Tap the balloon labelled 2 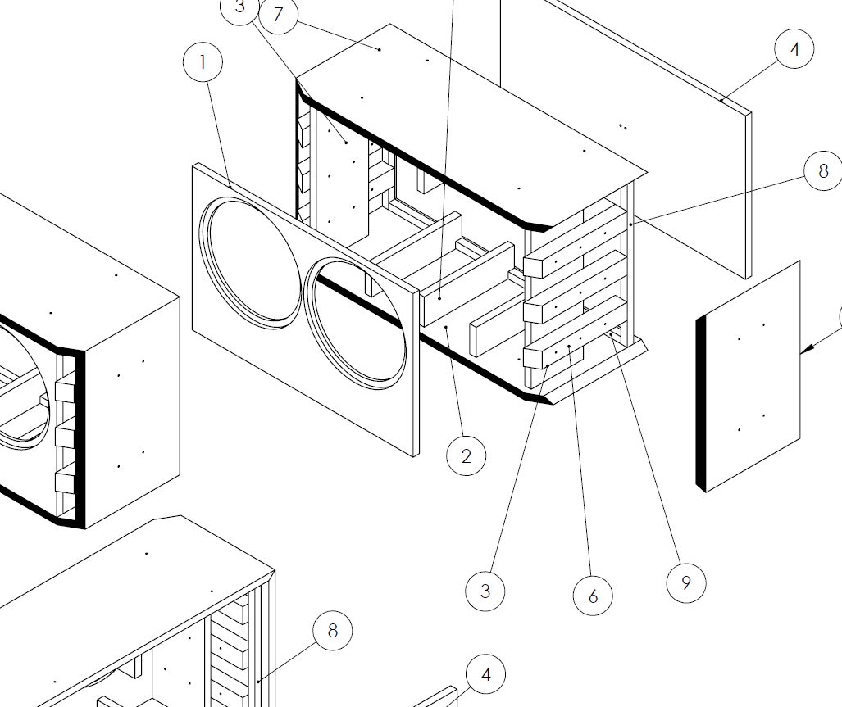pos(466,456)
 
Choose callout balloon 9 pos(685,582)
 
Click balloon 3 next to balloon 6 pos(485,591)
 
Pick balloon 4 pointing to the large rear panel pos(794,50)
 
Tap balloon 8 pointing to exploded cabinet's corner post pos(823,172)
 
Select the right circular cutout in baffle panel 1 pos(356,324)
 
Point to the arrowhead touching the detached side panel pos(807,350)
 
